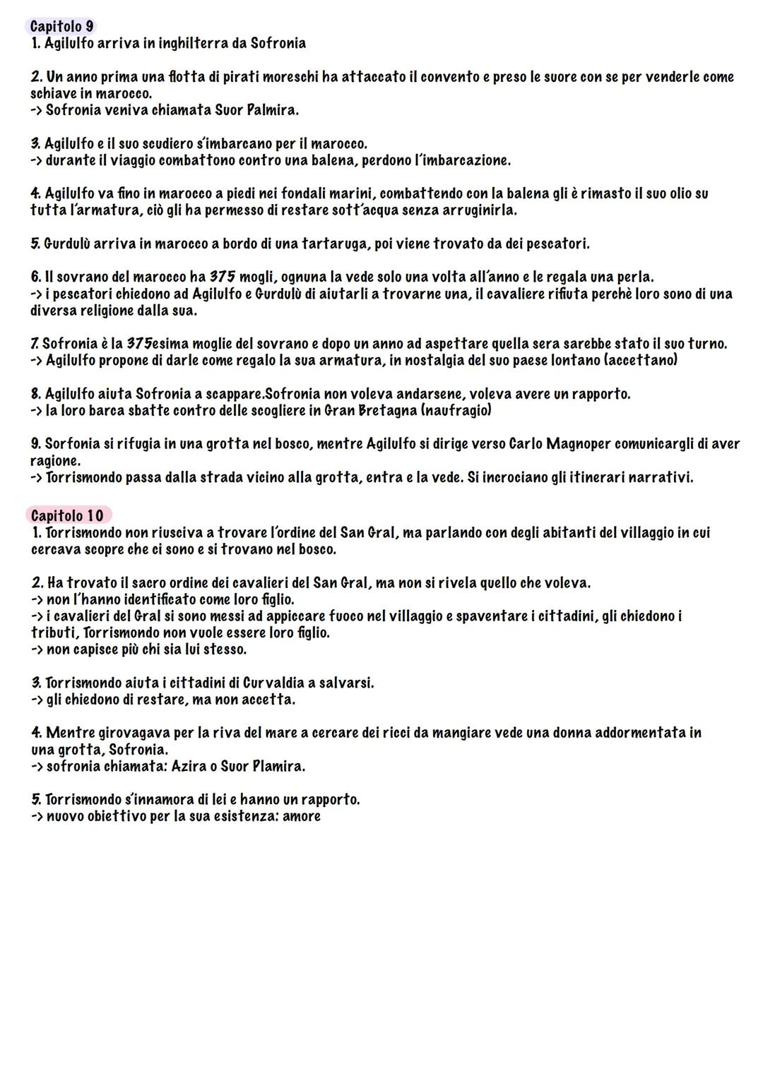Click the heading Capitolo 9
coord(62,26)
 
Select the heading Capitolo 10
coord(67,515)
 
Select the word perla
coord(634,277)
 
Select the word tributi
coord(54,633)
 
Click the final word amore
coord(302,816)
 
